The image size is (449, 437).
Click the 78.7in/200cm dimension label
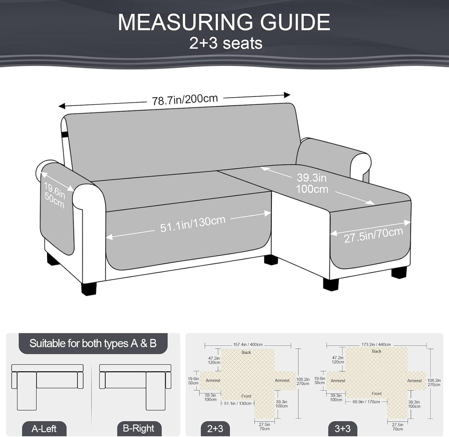(x=185, y=100)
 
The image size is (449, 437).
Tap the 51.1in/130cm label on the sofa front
(x=193, y=223)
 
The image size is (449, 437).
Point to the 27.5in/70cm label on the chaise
(x=373, y=235)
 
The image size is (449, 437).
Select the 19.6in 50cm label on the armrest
(x=54, y=196)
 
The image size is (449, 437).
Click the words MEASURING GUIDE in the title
(x=224, y=22)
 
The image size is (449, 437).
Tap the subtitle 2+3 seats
(x=226, y=43)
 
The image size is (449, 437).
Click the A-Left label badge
(x=44, y=429)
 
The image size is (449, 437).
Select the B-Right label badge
(x=138, y=428)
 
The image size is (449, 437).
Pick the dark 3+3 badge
(x=343, y=428)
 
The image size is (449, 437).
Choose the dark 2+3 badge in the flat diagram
(x=215, y=428)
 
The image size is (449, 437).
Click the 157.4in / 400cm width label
(x=248, y=344)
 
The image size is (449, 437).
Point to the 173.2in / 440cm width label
(x=376, y=344)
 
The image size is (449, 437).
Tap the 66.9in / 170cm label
(x=366, y=402)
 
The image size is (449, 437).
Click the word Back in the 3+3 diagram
(x=377, y=351)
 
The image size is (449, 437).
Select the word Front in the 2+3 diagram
(x=246, y=396)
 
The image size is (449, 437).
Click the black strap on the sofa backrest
(x=64, y=133)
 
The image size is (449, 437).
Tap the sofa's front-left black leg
(x=89, y=288)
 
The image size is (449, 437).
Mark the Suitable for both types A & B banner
(x=93, y=343)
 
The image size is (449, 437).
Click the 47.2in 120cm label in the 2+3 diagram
(x=214, y=360)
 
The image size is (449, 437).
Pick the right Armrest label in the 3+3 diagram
(x=414, y=381)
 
